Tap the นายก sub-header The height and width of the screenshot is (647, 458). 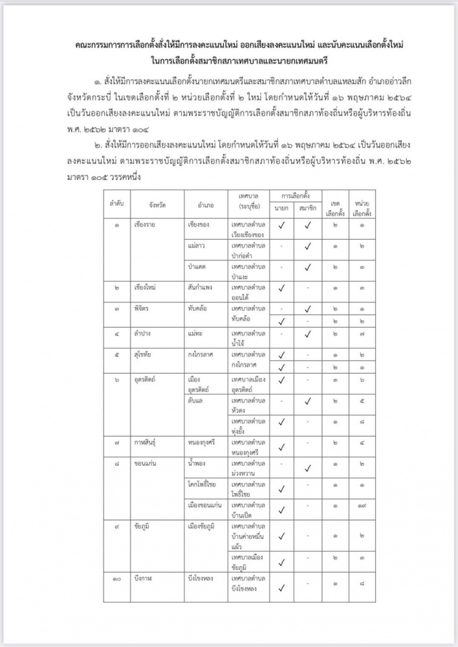point(281,208)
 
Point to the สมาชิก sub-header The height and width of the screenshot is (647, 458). point(308,208)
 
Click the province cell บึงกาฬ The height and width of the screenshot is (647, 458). point(144,576)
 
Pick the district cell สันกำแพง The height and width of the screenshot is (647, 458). point(202,286)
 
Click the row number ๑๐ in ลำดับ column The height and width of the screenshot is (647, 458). point(116,576)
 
